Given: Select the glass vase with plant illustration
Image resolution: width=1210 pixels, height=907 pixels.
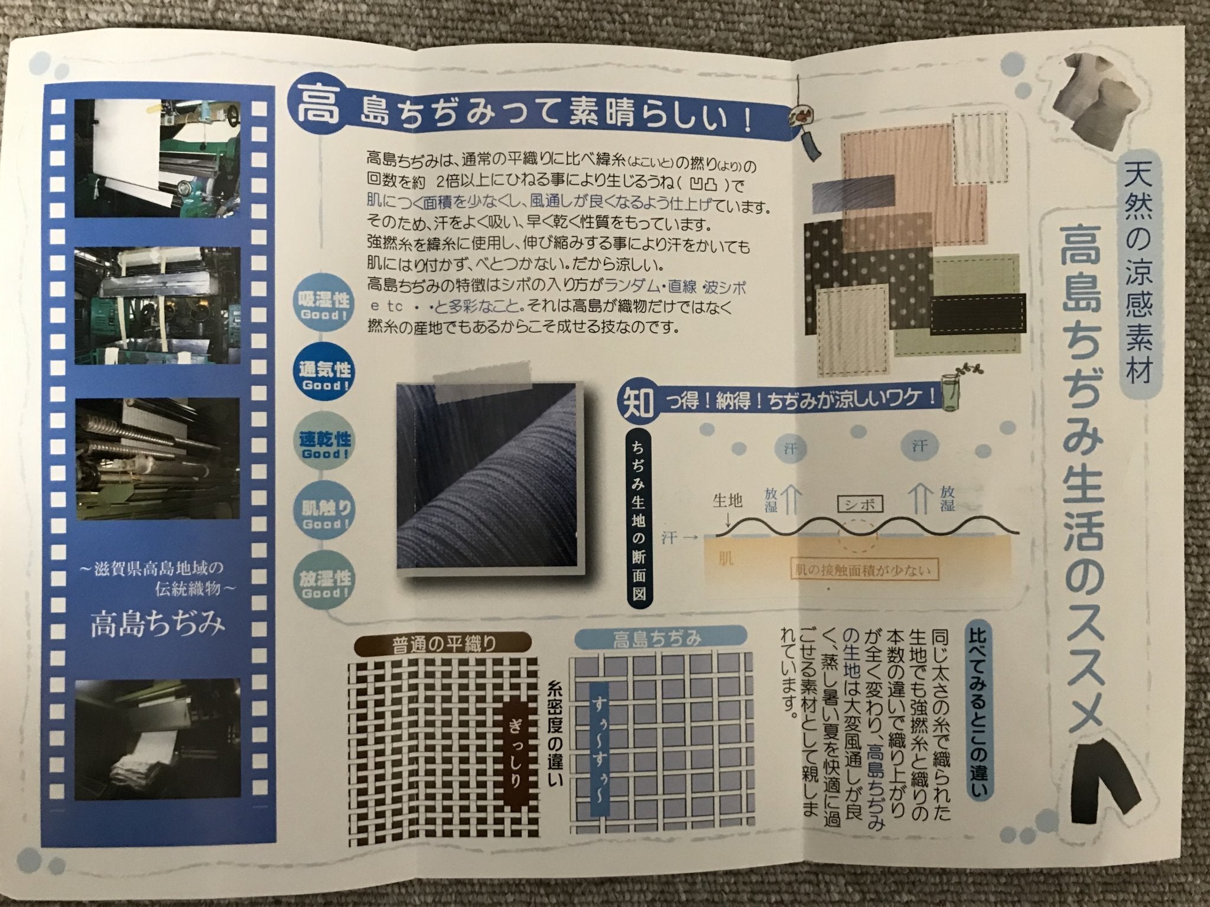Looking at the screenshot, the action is point(951,388).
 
